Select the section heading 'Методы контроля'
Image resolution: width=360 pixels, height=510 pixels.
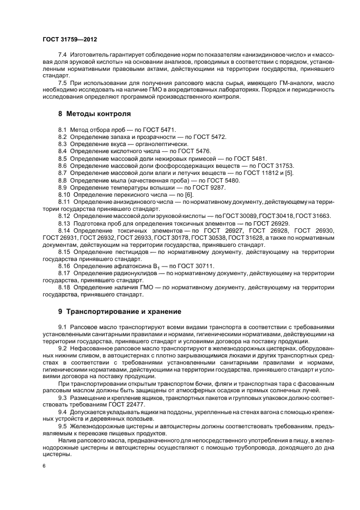98,114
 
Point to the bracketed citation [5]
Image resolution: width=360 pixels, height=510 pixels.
290,172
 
